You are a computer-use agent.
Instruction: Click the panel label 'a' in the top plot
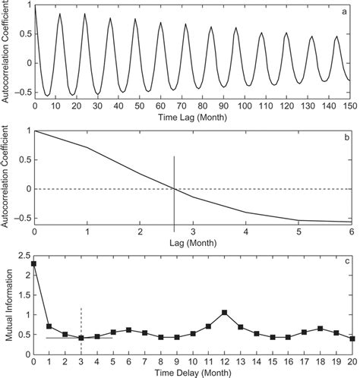coord(347,11)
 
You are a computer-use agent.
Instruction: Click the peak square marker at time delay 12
coord(225,312)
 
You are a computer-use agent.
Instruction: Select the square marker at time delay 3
coord(82,338)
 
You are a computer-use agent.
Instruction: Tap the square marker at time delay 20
coord(352,339)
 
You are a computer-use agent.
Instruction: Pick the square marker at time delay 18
coord(321,329)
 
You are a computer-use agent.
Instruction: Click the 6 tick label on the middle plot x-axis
coord(352,231)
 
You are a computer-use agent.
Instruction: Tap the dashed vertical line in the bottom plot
coord(82,319)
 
